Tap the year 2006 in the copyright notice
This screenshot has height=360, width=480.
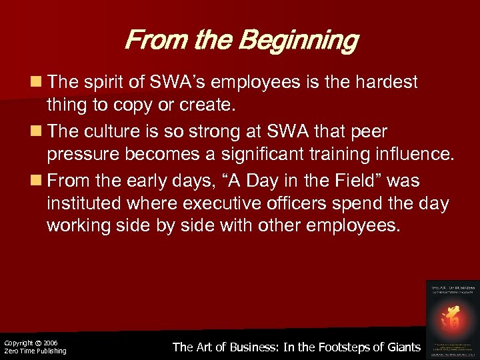(51, 343)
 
